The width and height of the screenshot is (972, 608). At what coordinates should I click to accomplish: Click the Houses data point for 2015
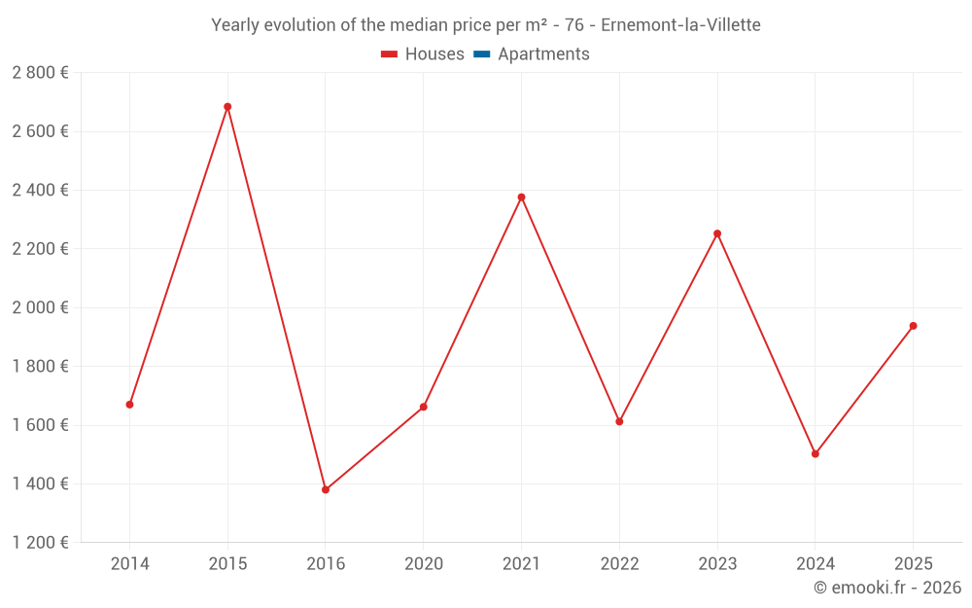point(227,107)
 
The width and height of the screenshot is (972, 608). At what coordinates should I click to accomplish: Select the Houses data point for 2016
point(326,489)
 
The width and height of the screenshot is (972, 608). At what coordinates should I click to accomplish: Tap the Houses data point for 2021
point(521,197)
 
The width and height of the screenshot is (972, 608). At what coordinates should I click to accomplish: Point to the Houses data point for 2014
point(129,405)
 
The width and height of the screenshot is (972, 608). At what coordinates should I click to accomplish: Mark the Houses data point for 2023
point(717,233)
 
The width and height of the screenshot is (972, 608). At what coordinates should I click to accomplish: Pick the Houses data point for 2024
point(816,453)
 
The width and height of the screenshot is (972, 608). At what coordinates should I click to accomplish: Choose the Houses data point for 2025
point(913,326)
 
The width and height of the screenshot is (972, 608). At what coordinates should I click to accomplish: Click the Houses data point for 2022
point(619,421)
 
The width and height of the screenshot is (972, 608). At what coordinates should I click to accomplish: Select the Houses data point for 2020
point(424,407)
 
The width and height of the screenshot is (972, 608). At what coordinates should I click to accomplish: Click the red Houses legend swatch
point(389,54)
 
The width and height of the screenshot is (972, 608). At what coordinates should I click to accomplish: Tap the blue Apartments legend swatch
point(481,54)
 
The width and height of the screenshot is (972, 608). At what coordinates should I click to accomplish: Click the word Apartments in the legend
point(543,54)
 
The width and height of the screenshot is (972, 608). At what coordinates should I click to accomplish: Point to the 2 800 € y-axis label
point(40,73)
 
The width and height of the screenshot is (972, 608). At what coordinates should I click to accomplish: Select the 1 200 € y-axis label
point(40,543)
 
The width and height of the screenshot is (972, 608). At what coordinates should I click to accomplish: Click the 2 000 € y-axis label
point(40,307)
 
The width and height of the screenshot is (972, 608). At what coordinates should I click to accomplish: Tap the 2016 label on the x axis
point(326,564)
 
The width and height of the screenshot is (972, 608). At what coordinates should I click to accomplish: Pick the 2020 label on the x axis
point(424,564)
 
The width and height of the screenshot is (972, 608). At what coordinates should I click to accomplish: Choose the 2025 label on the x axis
point(913,564)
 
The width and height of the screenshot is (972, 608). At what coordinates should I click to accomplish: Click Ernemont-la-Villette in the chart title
point(680,24)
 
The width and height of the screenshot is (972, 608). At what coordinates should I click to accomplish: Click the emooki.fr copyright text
point(887,588)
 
